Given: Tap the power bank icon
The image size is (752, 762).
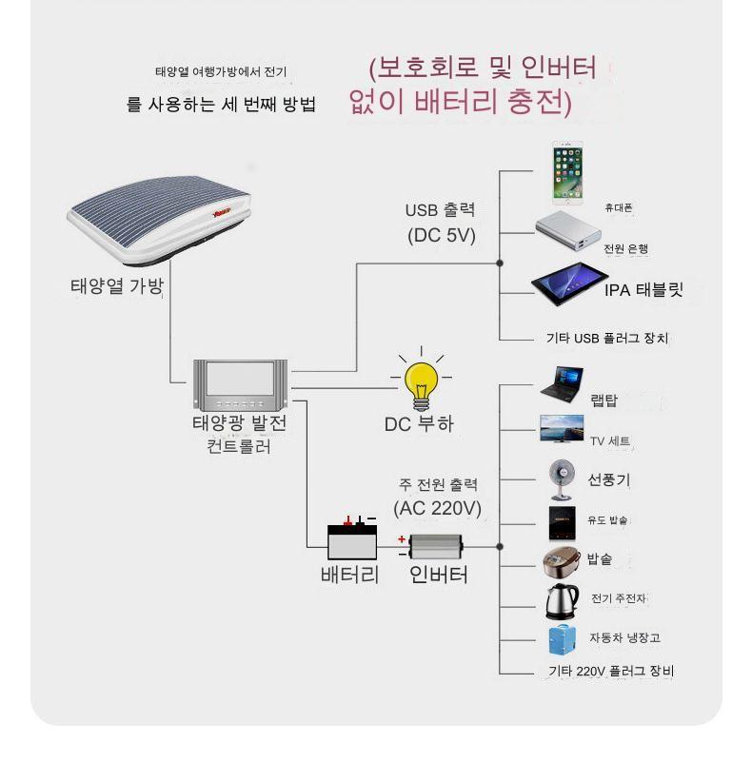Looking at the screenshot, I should point(569,232).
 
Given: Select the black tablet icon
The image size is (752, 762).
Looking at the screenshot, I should point(569,288).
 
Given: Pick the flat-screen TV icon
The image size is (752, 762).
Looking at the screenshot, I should point(562,428).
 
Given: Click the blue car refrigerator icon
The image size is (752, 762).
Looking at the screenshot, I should point(561,637).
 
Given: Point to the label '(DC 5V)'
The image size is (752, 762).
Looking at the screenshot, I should point(441,235).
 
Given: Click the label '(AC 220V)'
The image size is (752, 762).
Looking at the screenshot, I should point(438,508).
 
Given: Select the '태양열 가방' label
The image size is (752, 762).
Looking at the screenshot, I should point(116,285).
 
